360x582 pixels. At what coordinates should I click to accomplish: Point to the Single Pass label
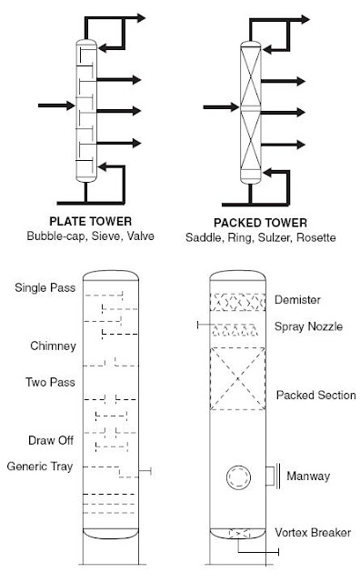click(41, 288)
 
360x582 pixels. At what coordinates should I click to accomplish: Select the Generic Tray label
click(41, 467)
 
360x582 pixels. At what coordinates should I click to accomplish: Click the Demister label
click(298, 300)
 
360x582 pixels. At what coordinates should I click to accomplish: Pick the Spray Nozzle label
click(308, 326)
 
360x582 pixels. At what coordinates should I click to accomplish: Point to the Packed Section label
click(315, 396)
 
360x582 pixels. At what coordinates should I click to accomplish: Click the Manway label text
click(307, 475)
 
